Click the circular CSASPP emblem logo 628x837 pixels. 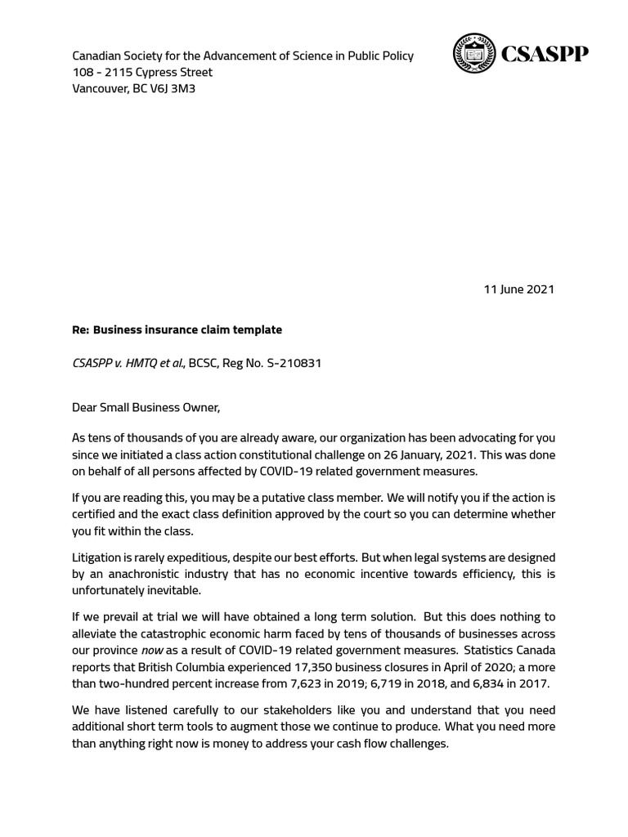(473, 54)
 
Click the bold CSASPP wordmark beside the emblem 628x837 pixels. (544, 55)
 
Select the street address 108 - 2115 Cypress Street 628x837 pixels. (142, 72)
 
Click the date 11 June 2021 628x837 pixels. (518, 289)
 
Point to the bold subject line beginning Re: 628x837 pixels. (177, 329)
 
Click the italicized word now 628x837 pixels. (152, 650)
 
